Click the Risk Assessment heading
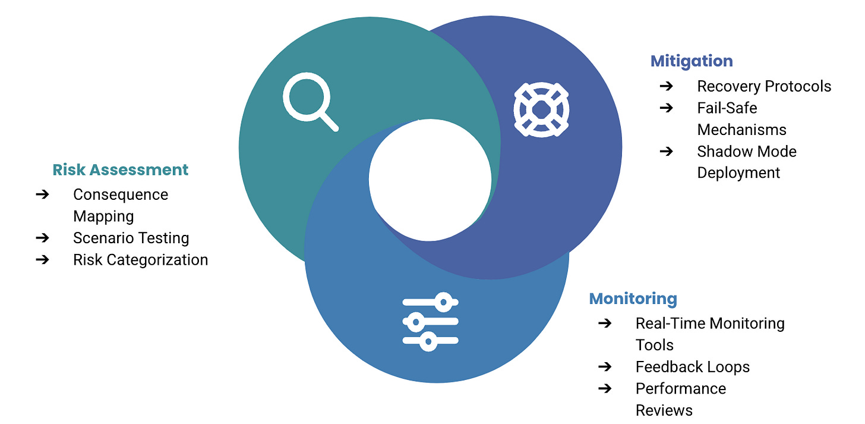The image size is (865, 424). (x=120, y=169)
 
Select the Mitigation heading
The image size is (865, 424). (x=692, y=61)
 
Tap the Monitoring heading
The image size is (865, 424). (x=633, y=298)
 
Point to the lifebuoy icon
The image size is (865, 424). (x=541, y=109)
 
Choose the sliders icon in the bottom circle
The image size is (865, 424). (x=430, y=321)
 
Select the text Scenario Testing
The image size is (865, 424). (x=131, y=238)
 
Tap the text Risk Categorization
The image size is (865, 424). (x=140, y=260)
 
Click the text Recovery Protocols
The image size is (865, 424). (x=764, y=86)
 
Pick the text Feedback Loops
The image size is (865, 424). (x=692, y=367)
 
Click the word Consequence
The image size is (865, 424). (x=121, y=194)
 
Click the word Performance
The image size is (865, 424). (x=680, y=388)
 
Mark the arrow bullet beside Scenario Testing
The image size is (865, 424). (x=42, y=238)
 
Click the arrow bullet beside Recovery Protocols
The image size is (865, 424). (x=666, y=86)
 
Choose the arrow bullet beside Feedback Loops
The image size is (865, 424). (x=605, y=367)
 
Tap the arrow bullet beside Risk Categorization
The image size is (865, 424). (x=42, y=260)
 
